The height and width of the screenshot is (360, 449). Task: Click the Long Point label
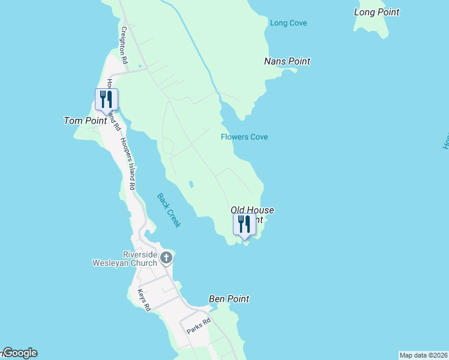(x=376, y=12)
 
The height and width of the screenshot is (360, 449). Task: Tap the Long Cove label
(x=288, y=23)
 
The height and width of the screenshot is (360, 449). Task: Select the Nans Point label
(x=287, y=61)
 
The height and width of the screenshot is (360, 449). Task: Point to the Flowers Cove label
(x=244, y=137)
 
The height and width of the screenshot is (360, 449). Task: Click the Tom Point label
(x=85, y=121)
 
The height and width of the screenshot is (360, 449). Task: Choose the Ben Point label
(x=229, y=299)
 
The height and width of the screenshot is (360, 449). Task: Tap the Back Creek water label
(x=169, y=210)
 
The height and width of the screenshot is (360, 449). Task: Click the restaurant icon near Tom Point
(x=106, y=100)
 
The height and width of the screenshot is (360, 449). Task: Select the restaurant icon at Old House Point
(x=244, y=224)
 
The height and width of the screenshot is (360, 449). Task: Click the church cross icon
(x=166, y=258)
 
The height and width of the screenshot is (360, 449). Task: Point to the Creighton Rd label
(x=125, y=45)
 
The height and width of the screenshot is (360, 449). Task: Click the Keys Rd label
(x=143, y=300)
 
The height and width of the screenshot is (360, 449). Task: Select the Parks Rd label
(x=198, y=326)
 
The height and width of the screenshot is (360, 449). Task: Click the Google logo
(x=19, y=353)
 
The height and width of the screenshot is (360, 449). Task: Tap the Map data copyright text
(x=423, y=355)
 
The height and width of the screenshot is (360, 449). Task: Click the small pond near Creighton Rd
(x=139, y=66)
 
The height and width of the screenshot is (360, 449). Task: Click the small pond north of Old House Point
(x=190, y=184)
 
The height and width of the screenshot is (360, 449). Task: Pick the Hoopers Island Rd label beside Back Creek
(x=128, y=164)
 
